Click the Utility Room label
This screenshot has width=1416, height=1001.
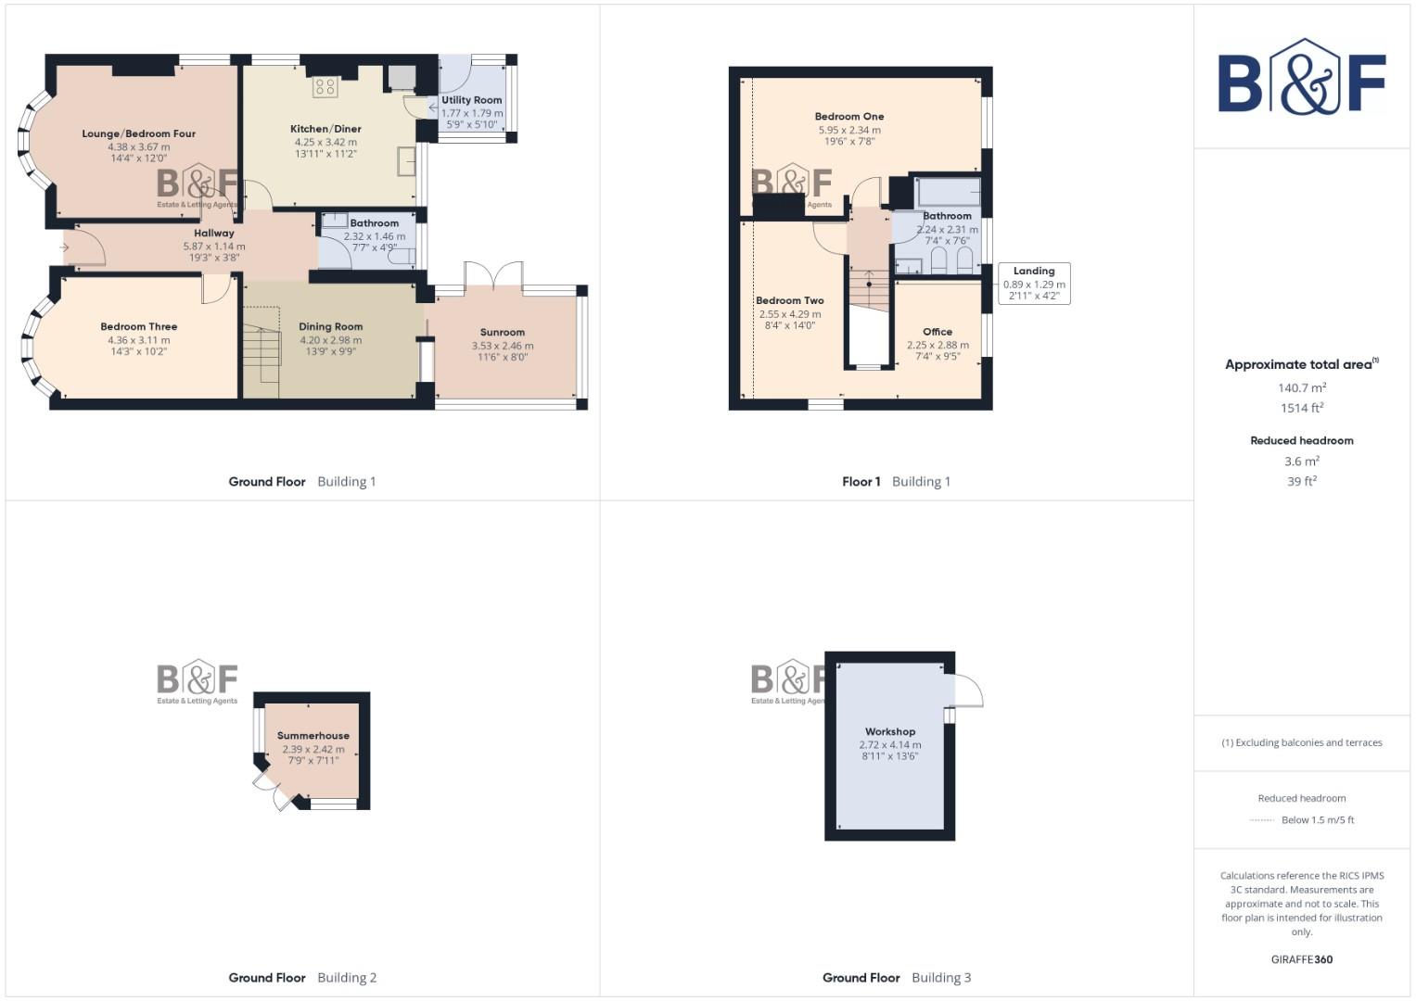click(x=472, y=100)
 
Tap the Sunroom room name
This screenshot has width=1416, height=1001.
click(x=503, y=332)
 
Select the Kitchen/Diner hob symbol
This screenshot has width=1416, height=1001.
click(x=325, y=87)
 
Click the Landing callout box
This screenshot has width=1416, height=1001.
click(x=1034, y=284)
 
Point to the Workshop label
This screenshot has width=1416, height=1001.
click(x=890, y=731)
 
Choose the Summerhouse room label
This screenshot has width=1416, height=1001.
click(x=313, y=736)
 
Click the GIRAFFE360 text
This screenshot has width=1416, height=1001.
click(x=1301, y=959)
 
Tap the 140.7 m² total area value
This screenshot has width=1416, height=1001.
click(x=1302, y=388)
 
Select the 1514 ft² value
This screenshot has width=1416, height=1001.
click(x=1302, y=408)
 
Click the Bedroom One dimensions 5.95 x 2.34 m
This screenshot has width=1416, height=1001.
click(x=849, y=130)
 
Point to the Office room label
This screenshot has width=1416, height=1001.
click(x=938, y=332)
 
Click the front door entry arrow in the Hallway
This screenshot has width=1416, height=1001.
click(x=65, y=247)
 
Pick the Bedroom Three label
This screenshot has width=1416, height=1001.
click(x=139, y=326)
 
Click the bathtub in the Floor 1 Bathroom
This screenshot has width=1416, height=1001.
click(x=948, y=192)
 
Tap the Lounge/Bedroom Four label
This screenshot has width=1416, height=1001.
click(x=139, y=133)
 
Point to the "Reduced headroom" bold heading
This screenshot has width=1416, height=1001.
click(x=1302, y=440)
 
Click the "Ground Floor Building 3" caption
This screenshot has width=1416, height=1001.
click(x=897, y=977)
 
